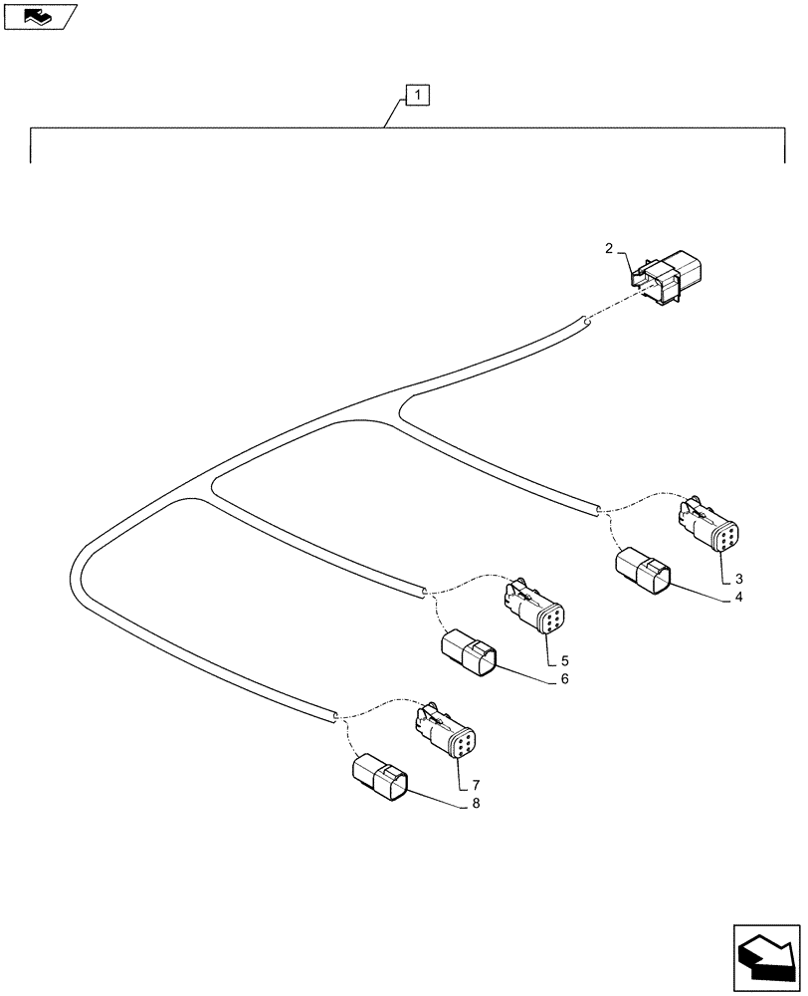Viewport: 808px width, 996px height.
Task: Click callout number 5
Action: coord(564,660)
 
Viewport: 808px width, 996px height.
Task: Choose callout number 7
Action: coord(477,785)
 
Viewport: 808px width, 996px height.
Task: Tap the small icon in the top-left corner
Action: coord(40,16)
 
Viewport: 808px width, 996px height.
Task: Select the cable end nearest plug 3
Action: coord(597,510)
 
